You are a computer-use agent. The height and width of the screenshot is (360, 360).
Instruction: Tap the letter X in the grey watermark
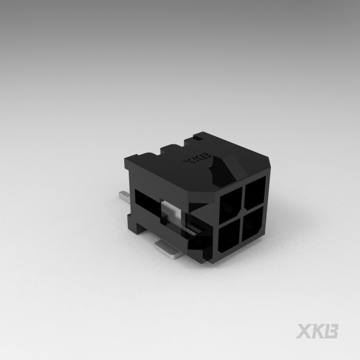[x=304, y=331]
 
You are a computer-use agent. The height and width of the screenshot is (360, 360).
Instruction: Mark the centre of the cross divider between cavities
[x=242, y=216]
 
